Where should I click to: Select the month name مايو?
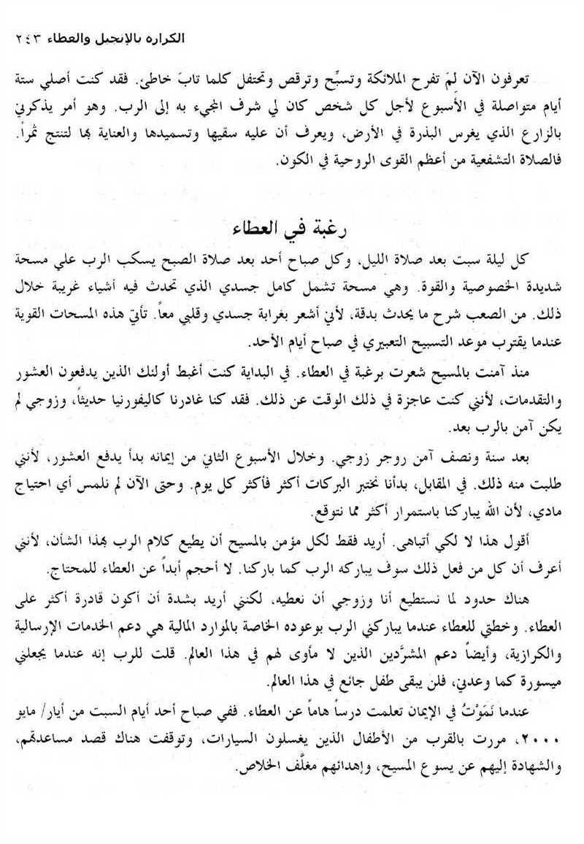click(35, 710)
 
